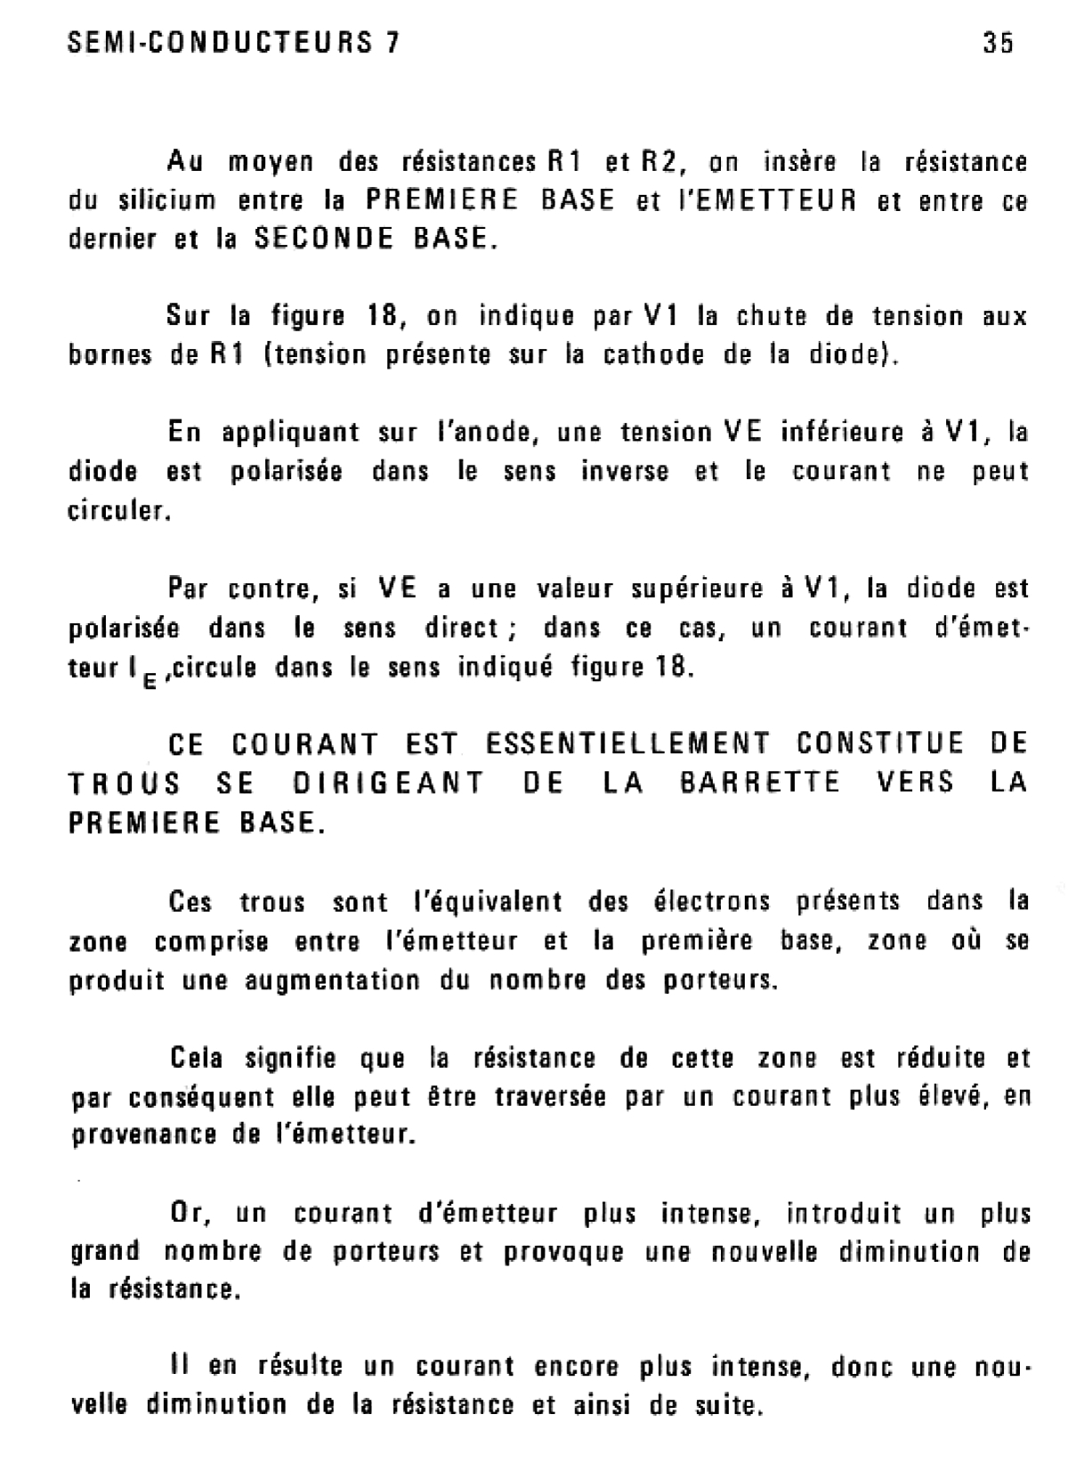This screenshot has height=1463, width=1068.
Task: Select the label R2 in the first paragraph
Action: (660, 162)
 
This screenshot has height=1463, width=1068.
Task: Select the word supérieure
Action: (694, 589)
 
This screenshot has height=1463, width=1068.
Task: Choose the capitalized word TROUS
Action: (125, 783)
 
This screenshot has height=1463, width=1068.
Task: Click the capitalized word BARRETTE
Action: (759, 783)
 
